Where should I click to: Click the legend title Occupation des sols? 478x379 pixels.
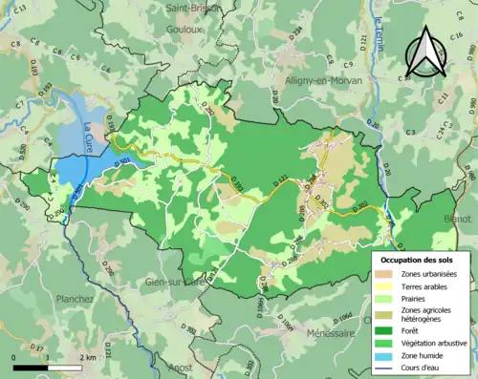[x=420, y=260]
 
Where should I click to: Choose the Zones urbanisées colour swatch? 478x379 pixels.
[x=387, y=275]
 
